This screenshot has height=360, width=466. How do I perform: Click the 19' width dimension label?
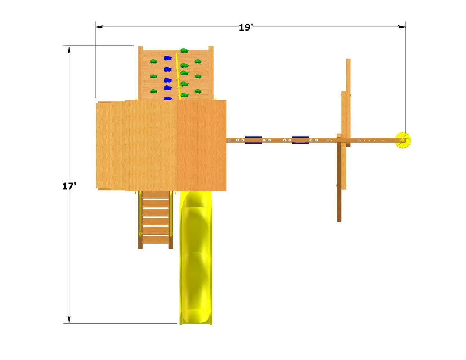pos(246,27)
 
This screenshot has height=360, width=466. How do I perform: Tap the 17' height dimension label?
pos(69,186)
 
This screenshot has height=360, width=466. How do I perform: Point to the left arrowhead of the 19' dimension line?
pos(100,27)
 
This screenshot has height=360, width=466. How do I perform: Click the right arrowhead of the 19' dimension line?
pos(402,27)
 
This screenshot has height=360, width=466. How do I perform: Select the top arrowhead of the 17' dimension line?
pos(69,50)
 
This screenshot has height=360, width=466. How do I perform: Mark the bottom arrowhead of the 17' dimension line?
pos(69,320)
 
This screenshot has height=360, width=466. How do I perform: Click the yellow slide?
pos(196,257)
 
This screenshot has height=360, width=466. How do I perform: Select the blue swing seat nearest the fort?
pos(253,140)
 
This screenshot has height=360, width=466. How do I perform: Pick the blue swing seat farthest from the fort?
pos(300,140)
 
